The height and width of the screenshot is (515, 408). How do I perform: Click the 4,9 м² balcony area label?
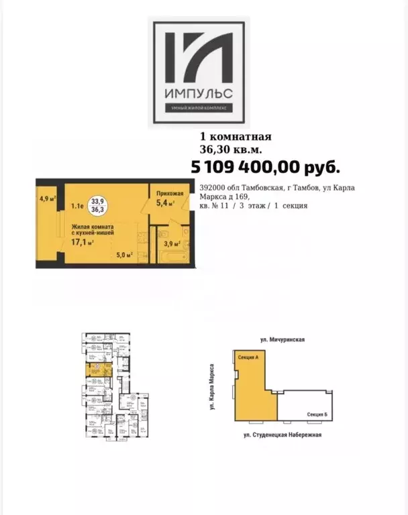[x=46, y=198]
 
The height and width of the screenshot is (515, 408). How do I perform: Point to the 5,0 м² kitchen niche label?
[x=124, y=255]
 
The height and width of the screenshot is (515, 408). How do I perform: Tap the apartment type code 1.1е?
[x=78, y=207]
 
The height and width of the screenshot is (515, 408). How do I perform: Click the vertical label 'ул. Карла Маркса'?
[x=212, y=388]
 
